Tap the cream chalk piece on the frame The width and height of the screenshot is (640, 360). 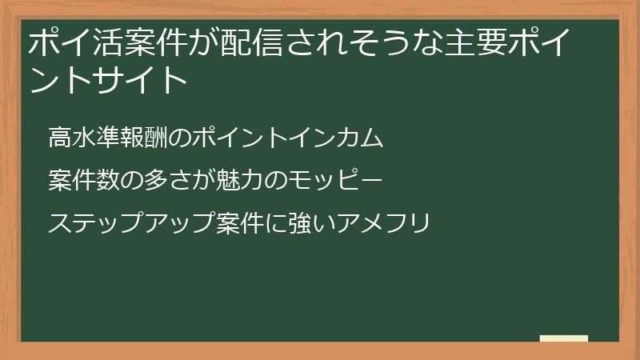pos(564,338)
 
